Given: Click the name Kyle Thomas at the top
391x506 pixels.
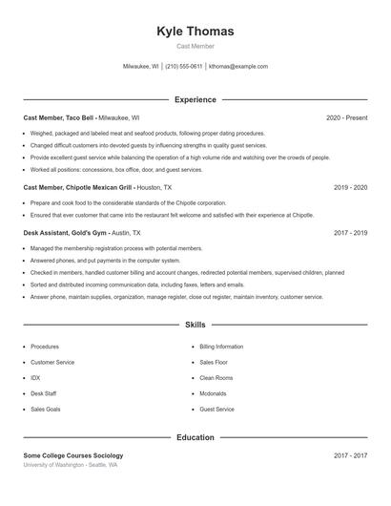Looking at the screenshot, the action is tap(195, 32).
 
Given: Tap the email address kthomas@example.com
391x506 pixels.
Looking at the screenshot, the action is tap(237, 67).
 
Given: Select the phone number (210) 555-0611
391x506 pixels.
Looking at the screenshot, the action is tap(184, 67).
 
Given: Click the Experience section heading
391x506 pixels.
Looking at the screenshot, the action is tap(195, 99).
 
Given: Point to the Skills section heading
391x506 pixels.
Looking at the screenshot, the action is tap(195, 326).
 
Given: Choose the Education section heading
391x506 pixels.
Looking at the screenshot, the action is tap(195, 437).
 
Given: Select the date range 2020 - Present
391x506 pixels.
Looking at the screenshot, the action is tap(346, 117).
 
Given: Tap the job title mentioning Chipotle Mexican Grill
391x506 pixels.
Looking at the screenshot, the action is tap(78, 188).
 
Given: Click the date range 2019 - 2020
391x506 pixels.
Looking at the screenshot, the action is tap(350, 188).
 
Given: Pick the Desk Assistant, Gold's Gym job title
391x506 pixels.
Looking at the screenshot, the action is tap(66, 232).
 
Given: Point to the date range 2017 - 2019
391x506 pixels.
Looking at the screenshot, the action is tap(350, 232).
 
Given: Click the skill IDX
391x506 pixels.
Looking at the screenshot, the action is tap(35, 378).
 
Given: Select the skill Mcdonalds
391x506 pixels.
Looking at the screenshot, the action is tap(214, 393).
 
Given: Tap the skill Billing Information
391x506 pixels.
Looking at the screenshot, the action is tap(221, 347).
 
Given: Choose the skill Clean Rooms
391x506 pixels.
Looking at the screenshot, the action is tap(216, 378).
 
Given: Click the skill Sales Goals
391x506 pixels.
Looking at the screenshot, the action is tap(45, 409).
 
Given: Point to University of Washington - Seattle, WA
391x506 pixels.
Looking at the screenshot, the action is tap(71, 465).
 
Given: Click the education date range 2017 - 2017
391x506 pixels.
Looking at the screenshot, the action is tap(350, 456).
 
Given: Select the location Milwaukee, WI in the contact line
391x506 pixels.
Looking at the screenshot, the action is tap(141, 67).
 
